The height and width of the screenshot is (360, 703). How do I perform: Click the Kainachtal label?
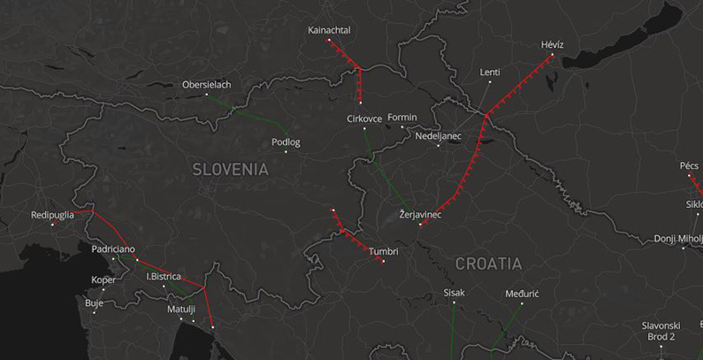tap(329, 30)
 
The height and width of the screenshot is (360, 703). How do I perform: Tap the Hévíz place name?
tap(552, 44)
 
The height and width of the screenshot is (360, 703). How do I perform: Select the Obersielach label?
tap(206, 85)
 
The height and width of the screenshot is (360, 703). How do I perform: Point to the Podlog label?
tap(286, 142)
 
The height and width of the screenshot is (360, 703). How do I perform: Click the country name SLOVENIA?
tap(230, 169)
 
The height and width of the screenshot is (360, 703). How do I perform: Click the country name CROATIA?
tap(488, 264)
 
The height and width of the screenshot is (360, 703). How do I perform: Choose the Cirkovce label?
tap(364, 119)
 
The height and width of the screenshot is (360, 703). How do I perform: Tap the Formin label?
tap(401, 117)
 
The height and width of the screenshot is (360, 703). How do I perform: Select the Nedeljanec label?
tap(439, 136)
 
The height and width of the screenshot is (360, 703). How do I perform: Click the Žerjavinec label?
tap(420, 215)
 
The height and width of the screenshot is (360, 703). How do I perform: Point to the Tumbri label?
tap(383, 251)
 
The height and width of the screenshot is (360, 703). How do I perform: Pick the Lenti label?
tap(490, 73)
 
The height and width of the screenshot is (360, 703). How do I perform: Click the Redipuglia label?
tap(52, 215)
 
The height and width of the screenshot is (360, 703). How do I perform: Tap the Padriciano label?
tap(113, 249)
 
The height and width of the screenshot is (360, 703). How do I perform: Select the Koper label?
tap(103, 280)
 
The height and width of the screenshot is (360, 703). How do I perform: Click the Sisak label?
tap(454, 293)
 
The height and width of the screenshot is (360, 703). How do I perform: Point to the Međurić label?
tap(522, 293)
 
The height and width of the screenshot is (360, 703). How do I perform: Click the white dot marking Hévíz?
tap(553, 55)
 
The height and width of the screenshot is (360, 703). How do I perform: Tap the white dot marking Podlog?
tap(286, 152)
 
